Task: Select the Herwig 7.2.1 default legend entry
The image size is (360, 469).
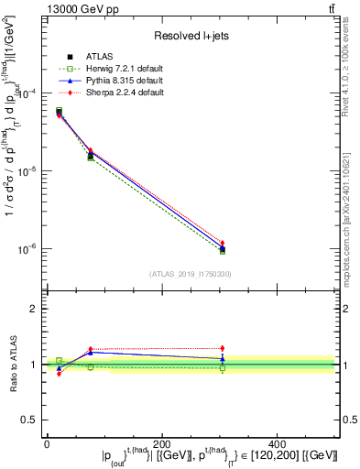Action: coord(116,70)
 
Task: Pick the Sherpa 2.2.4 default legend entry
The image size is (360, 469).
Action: coord(116,93)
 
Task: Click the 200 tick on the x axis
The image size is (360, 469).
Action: coord(162,443)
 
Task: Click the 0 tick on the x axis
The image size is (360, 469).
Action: coord(47,443)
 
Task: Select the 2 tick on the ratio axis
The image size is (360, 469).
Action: coord(34,309)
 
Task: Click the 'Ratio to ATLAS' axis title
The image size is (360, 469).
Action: coord(12,365)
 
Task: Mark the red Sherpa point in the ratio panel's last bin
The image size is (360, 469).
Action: coord(223,348)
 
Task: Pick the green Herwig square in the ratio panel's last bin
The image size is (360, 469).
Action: coord(223,368)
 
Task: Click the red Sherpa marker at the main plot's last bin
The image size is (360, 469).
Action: coord(223,243)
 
